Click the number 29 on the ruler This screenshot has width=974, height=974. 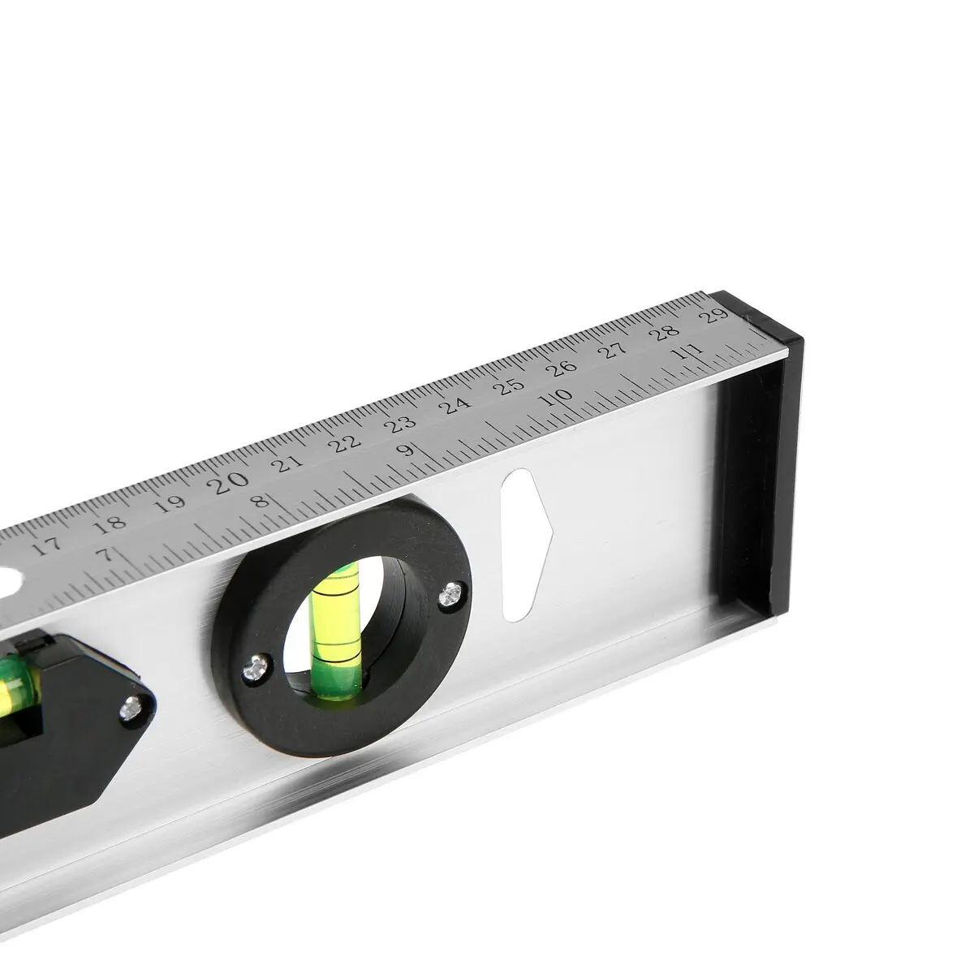[x=713, y=316]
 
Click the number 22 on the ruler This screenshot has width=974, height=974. [x=345, y=444]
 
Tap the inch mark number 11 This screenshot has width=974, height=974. [x=689, y=351]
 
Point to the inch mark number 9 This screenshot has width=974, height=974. [x=407, y=450]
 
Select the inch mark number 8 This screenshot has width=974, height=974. [x=259, y=502]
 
